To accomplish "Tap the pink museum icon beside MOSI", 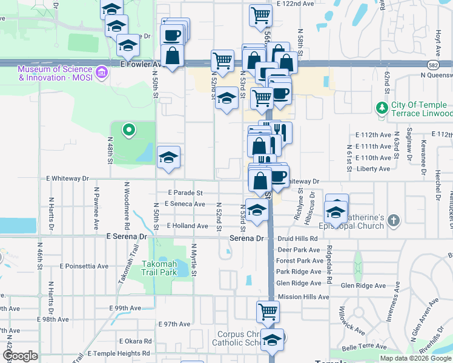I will [102, 73].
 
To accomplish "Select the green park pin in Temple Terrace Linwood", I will [382, 108].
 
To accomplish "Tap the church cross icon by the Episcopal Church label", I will [394, 221].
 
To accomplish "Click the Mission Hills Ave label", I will [303, 297].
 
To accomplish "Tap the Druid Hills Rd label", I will [297, 238].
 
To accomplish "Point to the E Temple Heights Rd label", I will [119, 353].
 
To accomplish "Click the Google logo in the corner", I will [19, 356].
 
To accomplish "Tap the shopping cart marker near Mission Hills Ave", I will [268, 312].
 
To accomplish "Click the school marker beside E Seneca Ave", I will [257, 210].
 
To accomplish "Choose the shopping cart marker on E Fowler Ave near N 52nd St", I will [223, 60].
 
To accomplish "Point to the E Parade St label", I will [185, 192].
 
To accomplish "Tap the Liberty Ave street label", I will [374, 169].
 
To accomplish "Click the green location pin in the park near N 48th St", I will [128, 129].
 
